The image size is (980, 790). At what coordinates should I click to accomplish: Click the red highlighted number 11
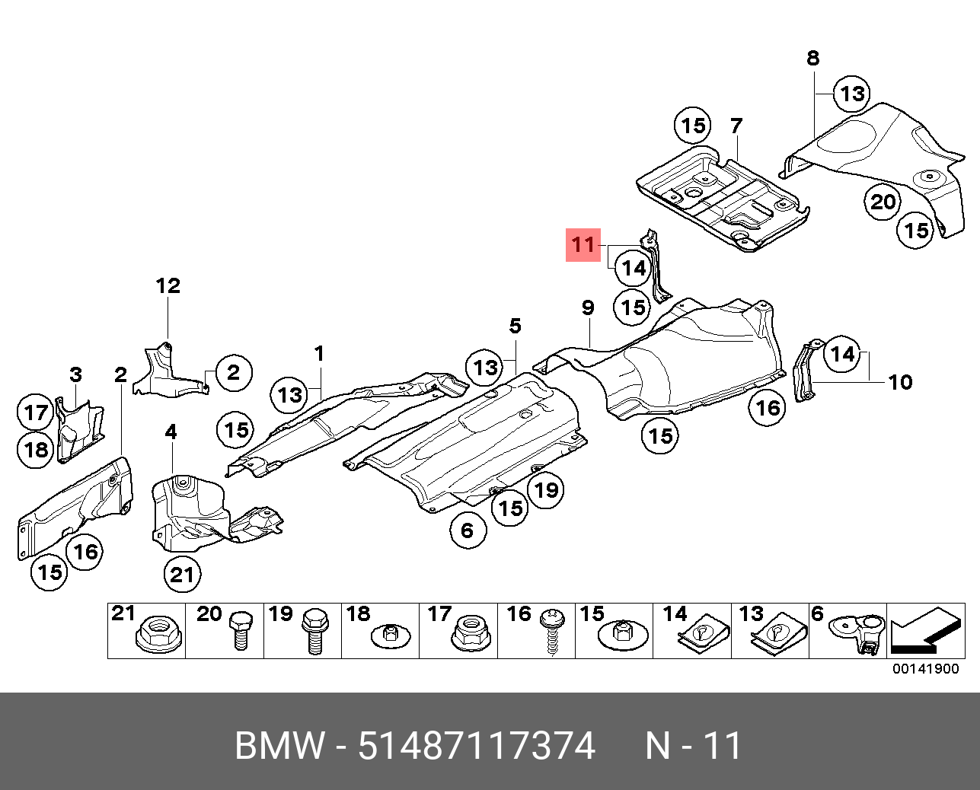pos(583,244)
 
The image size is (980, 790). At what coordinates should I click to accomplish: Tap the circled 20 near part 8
pos(883,202)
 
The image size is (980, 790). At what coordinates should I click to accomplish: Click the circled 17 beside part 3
pos(36,413)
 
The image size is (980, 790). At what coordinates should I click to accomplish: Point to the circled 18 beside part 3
pos(36,449)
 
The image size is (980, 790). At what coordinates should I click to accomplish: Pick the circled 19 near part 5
pos(546,489)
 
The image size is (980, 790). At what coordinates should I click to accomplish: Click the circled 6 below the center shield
pos(467,530)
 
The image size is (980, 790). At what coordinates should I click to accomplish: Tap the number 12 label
pos(168,285)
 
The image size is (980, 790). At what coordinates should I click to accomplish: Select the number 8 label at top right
pos(813,57)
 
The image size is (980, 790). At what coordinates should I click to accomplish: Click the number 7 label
pos(736,126)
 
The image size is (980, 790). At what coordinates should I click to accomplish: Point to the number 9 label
pos(588,307)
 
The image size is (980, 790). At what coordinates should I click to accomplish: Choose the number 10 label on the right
pos(900,381)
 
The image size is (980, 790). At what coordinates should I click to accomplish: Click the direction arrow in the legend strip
pos(923,632)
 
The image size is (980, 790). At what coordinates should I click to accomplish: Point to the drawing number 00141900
pos(925,669)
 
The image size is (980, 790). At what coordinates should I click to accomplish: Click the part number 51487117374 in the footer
pos(477,746)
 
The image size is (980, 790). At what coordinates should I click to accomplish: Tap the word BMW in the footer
pos(279,746)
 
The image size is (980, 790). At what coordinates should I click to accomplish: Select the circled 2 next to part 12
pos(232,372)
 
